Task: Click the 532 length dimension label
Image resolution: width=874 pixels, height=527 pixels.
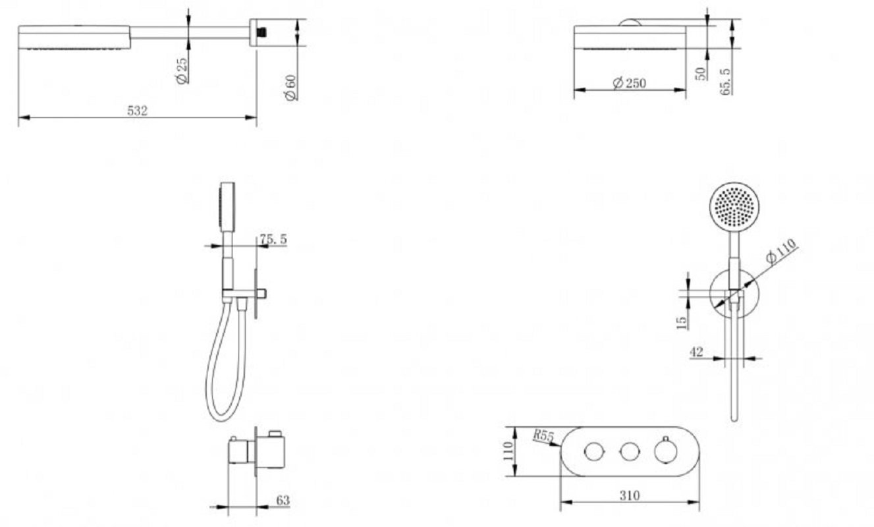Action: [x=138, y=111]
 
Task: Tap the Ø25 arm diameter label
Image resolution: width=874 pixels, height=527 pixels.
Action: [x=181, y=70]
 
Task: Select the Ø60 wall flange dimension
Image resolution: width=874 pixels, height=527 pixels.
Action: [x=290, y=88]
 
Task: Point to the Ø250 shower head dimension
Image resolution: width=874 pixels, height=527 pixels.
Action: [x=630, y=83]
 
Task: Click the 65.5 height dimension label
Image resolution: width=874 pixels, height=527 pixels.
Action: [x=725, y=81]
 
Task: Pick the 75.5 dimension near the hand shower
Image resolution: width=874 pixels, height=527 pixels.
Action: [x=273, y=239]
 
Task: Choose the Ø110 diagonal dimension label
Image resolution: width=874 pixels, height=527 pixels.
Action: [x=780, y=251]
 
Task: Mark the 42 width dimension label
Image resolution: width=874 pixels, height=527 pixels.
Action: [x=697, y=352]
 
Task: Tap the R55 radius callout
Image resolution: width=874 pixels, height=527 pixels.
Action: [x=543, y=435]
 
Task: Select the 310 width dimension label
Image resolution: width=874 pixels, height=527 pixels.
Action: [x=630, y=495]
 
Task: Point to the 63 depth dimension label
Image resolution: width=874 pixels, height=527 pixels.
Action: [x=283, y=500]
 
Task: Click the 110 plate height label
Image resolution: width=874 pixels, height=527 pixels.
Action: [x=508, y=451]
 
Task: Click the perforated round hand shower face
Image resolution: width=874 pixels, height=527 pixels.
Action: [x=734, y=208]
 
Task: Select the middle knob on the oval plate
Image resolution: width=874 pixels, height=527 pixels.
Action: [x=630, y=452]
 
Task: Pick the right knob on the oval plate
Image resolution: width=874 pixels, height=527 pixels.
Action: [x=666, y=451]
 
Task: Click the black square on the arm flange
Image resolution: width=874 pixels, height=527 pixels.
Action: [x=262, y=32]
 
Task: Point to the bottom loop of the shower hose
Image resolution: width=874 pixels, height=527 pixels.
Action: [x=221, y=418]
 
